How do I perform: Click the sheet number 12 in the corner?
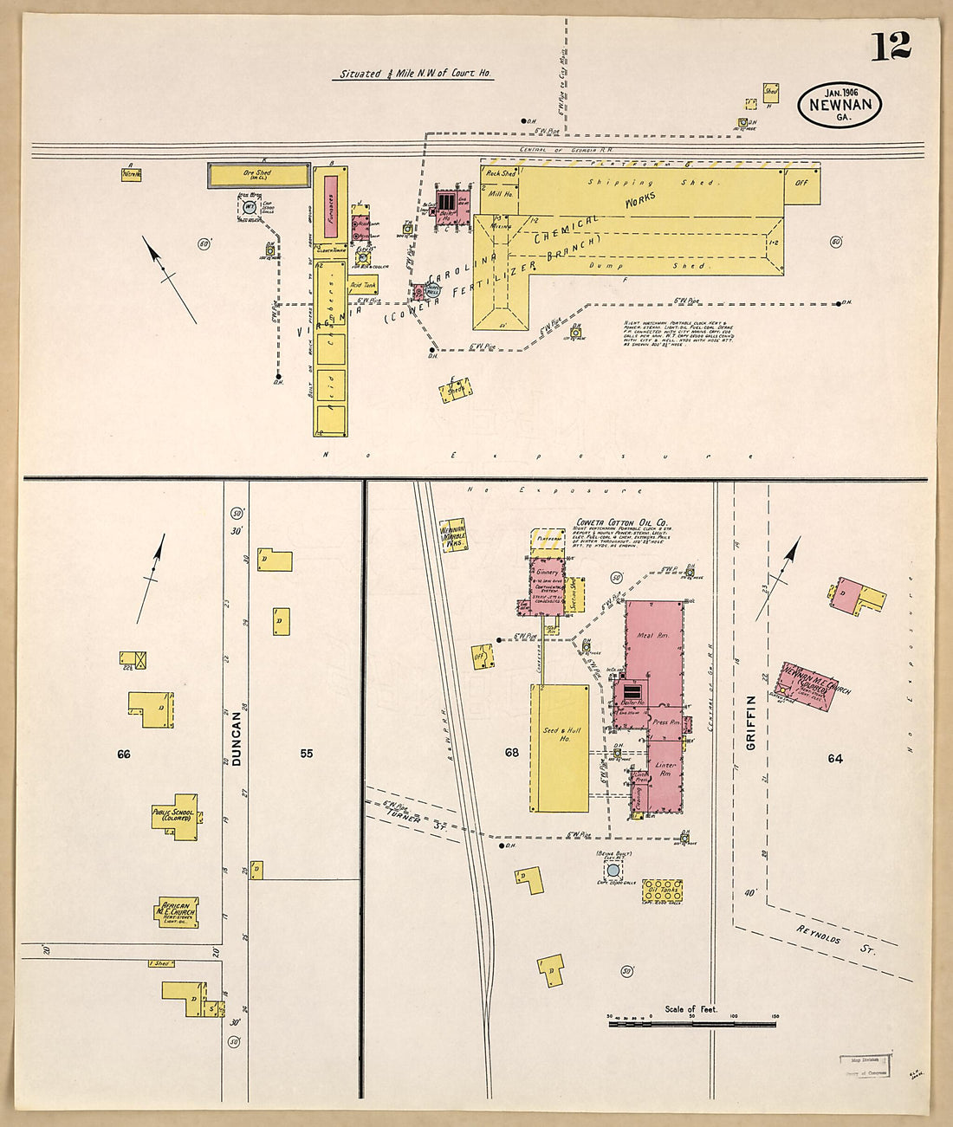(x=890, y=46)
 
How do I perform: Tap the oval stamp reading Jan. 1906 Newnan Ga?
(x=840, y=105)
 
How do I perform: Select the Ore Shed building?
(x=257, y=175)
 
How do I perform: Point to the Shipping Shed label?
(x=650, y=183)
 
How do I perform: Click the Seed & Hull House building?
(x=560, y=746)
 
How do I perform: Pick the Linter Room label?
(x=665, y=768)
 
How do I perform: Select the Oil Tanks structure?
(x=662, y=891)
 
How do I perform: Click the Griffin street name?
(x=751, y=722)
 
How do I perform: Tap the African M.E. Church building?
(x=177, y=911)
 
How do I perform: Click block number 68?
(x=512, y=753)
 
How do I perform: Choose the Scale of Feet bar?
(x=692, y=1024)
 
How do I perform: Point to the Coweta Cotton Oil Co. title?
(x=621, y=523)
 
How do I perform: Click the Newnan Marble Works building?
(x=454, y=536)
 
